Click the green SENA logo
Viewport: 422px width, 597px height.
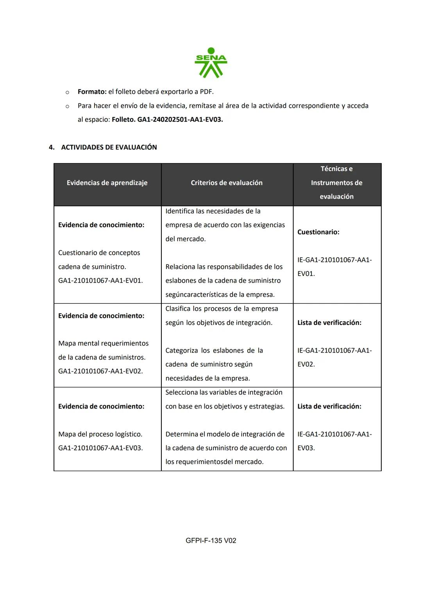(211, 63)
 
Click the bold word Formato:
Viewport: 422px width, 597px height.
(92, 92)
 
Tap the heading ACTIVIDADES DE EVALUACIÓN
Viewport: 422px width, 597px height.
(109, 147)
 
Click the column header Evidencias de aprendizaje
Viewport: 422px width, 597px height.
(107, 183)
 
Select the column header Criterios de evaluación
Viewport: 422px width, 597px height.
(227, 183)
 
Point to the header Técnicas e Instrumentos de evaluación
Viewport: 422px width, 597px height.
(336, 183)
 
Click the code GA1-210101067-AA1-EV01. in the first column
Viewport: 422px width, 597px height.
(100, 281)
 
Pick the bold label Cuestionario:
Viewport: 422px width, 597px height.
(318, 232)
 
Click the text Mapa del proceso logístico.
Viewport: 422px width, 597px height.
(100, 434)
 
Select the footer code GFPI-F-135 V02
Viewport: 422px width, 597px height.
(211, 541)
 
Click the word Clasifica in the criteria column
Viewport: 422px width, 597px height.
(178, 309)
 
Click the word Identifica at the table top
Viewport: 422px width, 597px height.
(180, 212)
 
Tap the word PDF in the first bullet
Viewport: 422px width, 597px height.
(206, 92)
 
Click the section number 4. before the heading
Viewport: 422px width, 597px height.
(52, 147)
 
